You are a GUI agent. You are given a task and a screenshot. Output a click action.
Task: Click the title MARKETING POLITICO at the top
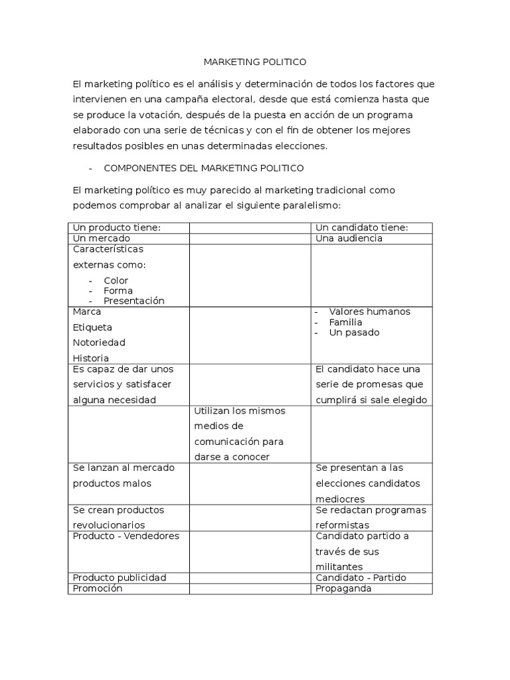coord(254,62)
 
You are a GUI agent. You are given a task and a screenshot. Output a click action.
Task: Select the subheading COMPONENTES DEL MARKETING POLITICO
coord(204,167)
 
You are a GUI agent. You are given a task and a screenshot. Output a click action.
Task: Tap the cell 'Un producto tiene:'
coord(117,228)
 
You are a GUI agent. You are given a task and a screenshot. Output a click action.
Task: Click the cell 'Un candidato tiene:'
coord(362,228)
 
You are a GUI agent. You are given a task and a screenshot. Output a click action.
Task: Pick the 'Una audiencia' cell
coord(349,238)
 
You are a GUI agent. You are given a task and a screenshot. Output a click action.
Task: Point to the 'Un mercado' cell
coord(102,238)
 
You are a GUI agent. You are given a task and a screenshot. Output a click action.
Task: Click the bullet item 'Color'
coord(116,280)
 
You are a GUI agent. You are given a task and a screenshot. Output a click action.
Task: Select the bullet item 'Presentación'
coord(133,301)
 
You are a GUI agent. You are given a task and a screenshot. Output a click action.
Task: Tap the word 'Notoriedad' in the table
coord(99,343)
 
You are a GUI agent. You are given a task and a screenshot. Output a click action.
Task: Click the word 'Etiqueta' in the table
coord(93,327)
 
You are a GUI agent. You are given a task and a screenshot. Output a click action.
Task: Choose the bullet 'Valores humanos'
coord(370,311)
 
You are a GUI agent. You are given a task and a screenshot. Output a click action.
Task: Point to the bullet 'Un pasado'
coord(355,333)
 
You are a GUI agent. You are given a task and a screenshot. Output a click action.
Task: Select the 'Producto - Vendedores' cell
coord(126,536)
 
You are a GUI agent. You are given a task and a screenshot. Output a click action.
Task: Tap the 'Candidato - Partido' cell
coord(361,578)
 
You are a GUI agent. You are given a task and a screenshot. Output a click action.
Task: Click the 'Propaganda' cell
coord(343,588)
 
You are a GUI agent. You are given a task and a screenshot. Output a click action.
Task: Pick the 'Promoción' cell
coord(98,588)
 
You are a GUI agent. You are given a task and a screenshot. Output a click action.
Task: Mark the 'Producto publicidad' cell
coord(120,578)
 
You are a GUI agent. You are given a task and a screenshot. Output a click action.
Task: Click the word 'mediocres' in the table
coord(340,499)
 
